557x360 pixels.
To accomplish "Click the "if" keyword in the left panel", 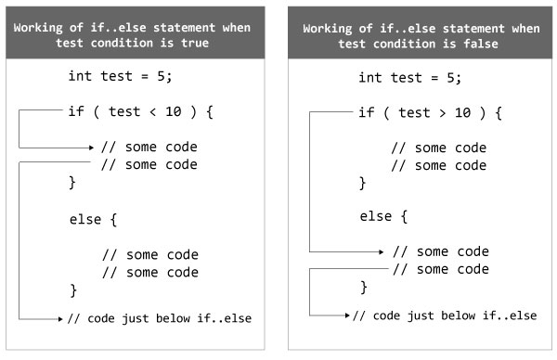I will (x=76, y=113).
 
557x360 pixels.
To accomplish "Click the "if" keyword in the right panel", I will (x=367, y=113).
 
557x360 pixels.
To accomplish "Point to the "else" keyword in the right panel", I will (x=377, y=216).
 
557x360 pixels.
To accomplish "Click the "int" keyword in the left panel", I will (x=81, y=77).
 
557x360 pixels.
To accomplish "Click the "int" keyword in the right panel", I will (x=370, y=77).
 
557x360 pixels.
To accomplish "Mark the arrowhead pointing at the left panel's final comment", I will (x=58, y=318).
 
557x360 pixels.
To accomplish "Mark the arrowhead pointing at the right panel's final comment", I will (x=348, y=315).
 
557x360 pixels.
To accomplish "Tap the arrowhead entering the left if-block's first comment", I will (x=91, y=147).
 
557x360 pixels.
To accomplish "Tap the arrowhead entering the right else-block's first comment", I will (x=382, y=251).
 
